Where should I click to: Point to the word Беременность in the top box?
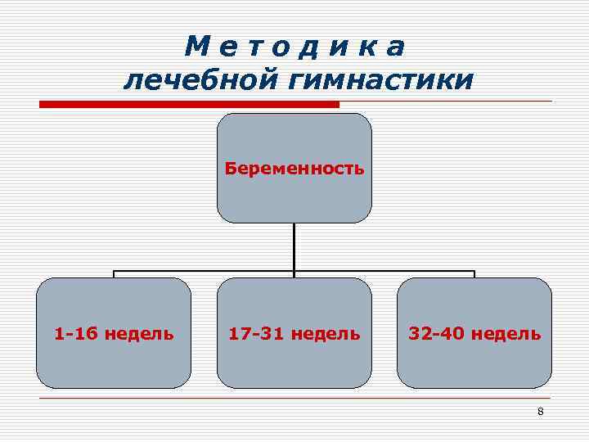click(x=294, y=169)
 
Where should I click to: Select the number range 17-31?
click(x=251, y=333)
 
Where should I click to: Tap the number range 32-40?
click(x=433, y=333)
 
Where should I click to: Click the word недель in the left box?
click(x=138, y=333)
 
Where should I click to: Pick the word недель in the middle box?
click(x=326, y=333)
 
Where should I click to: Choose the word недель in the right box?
click(x=506, y=333)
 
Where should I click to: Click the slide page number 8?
click(x=540, y=411)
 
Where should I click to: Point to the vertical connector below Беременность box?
click(x=294, y=246)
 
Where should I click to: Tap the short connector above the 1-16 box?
click(x=114, y=274)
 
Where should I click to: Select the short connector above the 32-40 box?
click(x=474, y=274)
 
